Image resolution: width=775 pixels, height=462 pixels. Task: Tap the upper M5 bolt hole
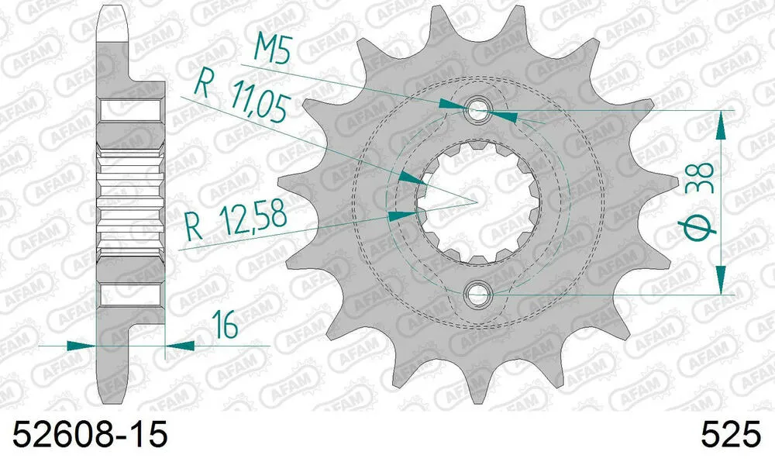point(477,111)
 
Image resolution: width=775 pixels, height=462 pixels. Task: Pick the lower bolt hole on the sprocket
point(477,294)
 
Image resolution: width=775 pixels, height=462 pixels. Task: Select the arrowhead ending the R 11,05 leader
point(408,178)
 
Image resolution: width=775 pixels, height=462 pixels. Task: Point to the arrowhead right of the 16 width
point(179,345)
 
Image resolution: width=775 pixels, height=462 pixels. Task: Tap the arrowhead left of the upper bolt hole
point(450,104)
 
